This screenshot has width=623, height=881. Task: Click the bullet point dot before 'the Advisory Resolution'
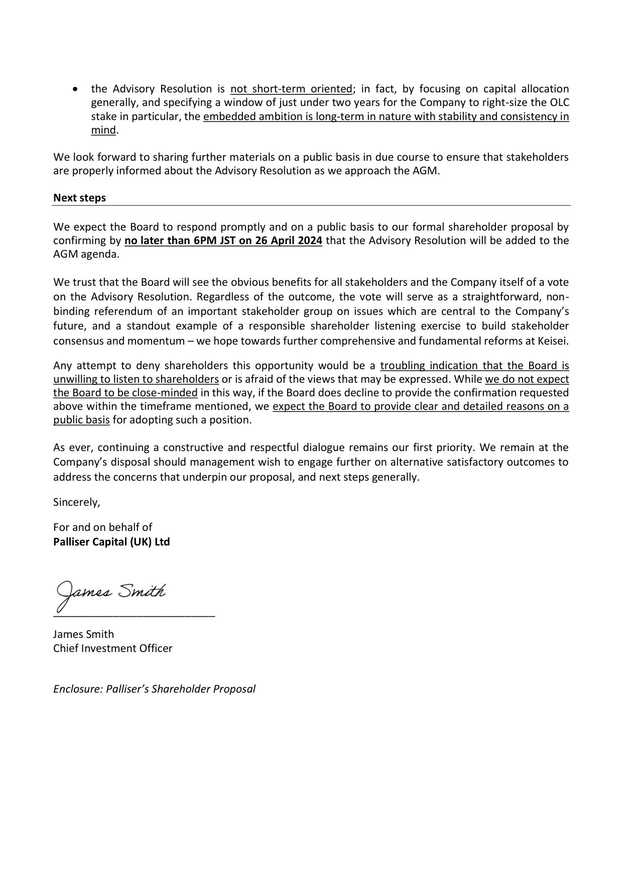pyautogui.click(x=75, y=89)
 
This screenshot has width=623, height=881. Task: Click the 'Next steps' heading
pyautogui.click(x=79, y=198)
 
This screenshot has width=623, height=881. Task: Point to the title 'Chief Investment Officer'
pyautogui.click(x=112, y=648)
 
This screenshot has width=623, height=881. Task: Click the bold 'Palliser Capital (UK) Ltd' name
pyautogui.click(x=111, y=542)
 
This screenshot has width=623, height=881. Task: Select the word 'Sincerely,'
pyautogui.click(x=77, y=502)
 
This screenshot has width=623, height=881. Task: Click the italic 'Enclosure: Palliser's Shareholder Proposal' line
pyautogui.click(x=154, y=689)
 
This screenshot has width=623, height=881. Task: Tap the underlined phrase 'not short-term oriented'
pyautogui.click(x=291, y=89)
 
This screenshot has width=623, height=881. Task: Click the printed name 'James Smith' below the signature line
pyautogui.click(x=83, y=634)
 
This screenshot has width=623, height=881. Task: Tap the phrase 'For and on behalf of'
pyautogui.click(x=102, y=527)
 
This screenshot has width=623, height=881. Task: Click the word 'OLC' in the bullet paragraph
pyautogui.click(x=559, y=103)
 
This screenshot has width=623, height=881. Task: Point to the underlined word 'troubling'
pyautogui.click(x=402, y=366)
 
